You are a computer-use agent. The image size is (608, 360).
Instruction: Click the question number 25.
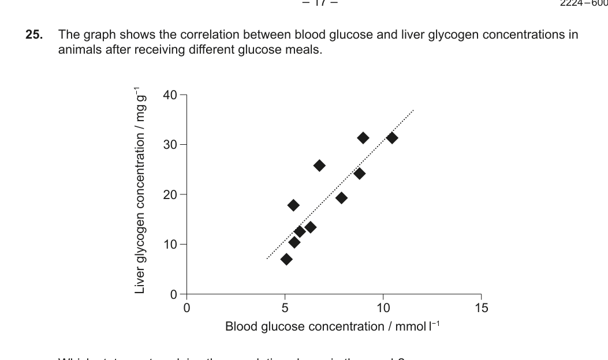pyautogui.click(x=34, y=35)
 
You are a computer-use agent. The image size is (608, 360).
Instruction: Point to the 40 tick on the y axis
pyautogui.click(x=171, y=95)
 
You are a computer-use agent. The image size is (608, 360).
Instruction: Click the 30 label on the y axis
pyautogui.click(x=171, y=144)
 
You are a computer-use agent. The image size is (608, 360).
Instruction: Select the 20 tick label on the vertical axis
pyautogui.click(x=171, y=194)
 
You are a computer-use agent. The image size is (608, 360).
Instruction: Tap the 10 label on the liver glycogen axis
pyautogui.click(x=171, y=244)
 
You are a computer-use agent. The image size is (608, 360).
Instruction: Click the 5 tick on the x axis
pyautogui.click(x=285, y=307)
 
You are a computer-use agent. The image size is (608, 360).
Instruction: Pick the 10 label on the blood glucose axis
pyautogui.click(x=383, y=307)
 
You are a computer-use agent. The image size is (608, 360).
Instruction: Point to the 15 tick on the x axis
pyautogui.click(x=481, y=307)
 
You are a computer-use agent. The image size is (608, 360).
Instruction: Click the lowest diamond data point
pyautogui.click(x=286, y=259)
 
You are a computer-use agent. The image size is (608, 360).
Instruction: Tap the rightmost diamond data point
pyautogui.click(x=392, y=138)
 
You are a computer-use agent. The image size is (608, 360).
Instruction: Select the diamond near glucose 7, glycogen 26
pyautogui.click(x=319, y=166)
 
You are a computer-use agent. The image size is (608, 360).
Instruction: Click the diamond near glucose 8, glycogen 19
pyautogui.click(x=341, y=198)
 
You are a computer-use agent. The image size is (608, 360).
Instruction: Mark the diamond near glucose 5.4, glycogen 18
pyautogui.click(x=293, y=205)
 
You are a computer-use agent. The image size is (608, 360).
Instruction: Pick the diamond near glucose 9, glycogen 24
pyautogui.click(x=359, y=173)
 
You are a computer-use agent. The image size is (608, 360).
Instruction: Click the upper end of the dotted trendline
pyautogui.click(x=413, y=110)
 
